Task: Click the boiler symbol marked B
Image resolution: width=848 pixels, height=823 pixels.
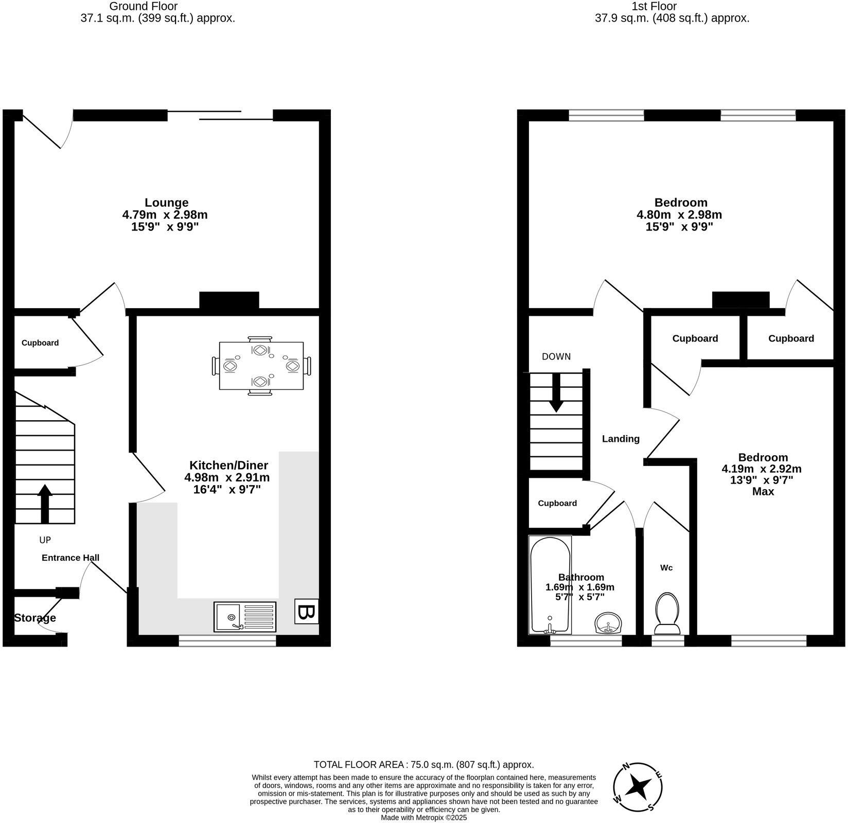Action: [x=306, y=612]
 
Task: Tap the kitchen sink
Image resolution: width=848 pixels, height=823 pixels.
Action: [x=245, y=616]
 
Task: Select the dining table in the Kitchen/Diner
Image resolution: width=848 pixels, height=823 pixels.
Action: [x=261, y=366]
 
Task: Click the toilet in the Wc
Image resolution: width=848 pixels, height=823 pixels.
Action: [x=667, y=614]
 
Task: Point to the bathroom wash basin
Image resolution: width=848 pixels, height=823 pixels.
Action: [x=608, y=623]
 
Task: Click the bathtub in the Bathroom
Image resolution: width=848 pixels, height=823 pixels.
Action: [x=550, y=585]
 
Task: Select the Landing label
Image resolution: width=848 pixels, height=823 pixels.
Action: [x=621, y=439]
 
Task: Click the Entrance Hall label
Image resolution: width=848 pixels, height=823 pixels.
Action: [x=70, y=558]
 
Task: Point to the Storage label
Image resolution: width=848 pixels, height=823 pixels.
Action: [x=35, y=618]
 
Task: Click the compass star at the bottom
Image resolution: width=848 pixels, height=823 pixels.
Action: [x=639, y=786]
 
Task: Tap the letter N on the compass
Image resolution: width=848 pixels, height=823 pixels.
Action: [x=626, y=766]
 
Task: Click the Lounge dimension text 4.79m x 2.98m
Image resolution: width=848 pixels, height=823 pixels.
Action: [x=165, y=214]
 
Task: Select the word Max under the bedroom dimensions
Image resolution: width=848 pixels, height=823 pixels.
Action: [x=763, y=492]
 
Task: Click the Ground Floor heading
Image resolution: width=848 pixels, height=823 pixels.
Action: [x=144, y=6]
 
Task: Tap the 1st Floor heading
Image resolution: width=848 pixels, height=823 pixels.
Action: [x=653, y=6]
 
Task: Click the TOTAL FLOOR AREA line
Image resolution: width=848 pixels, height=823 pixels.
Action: [x=423, y=765]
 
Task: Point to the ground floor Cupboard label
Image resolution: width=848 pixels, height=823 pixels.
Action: [x=40, y=343]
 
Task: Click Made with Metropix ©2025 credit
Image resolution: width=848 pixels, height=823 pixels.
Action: [x=423, y=817]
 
